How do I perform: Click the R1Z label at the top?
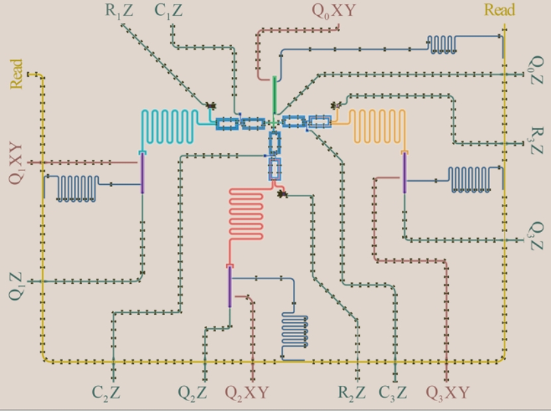(119, 11)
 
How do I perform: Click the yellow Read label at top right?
(499, 9)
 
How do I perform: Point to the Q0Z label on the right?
(537, 71)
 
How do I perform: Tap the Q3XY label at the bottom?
(448, 392)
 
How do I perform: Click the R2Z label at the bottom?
(351, 392)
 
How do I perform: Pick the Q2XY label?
(247, 392)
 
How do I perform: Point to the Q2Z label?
(192, 392)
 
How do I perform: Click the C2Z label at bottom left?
(107, 392)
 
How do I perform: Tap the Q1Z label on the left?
(15, 286)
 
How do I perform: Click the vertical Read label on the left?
(15, 74)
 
